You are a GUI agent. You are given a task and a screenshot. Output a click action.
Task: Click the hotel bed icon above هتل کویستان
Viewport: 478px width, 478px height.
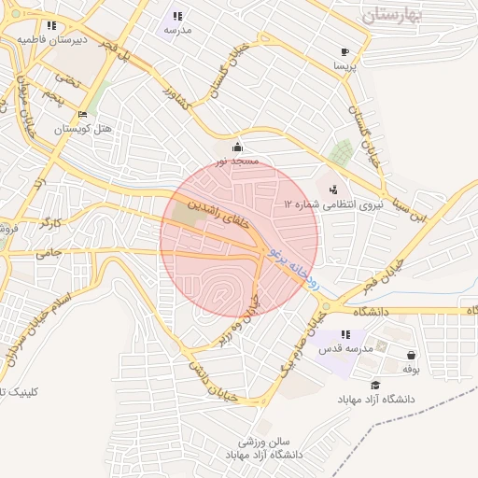pos(83,115)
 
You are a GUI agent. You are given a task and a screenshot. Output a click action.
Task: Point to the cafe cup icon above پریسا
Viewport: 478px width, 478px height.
pos(345,52)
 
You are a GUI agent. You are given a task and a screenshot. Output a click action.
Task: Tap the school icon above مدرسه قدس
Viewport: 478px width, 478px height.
pos(345,334)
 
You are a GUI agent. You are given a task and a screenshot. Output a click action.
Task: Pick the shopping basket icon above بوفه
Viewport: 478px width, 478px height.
pos(412,355)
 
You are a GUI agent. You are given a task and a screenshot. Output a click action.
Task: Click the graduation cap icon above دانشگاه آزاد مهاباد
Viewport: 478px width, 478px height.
pos(375,385)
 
